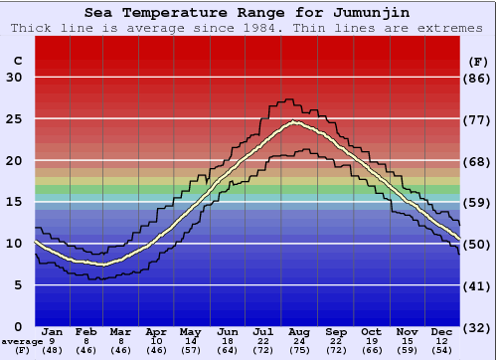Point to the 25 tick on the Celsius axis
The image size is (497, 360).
pos(14,119)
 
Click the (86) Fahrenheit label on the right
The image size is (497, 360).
pos(477,79)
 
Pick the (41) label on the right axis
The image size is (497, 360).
pos(477,285)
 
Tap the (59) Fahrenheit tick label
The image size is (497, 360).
pos(477,203)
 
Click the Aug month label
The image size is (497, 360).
pos(299,332)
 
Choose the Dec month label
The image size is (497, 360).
pos(443,332)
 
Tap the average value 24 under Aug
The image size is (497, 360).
pos(299,341)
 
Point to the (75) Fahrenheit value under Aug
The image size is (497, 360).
pos(299,350)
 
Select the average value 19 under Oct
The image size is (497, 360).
pos(371,341)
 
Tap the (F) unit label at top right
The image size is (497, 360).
pos(477,61)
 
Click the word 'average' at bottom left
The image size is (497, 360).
pos(22,341)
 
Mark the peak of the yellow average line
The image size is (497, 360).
pos(294,122)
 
